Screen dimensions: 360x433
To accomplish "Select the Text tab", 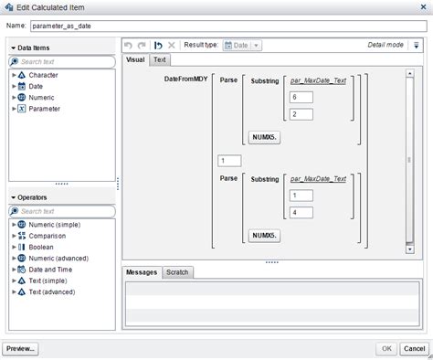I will click(160, 59).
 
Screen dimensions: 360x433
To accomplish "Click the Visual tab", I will click(135, 59).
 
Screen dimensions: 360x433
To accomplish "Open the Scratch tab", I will click(176, 272).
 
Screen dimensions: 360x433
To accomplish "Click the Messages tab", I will click(142, 272).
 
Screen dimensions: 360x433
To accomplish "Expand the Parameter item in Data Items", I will click(13, 109).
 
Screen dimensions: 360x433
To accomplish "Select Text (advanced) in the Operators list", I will click(55, 291).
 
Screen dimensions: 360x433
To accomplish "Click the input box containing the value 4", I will click(299, 213).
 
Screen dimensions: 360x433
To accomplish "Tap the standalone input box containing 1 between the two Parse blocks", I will click(228, 161).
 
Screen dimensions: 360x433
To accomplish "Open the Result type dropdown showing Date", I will click(243, 44).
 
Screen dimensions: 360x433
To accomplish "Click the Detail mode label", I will click(387, 44).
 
